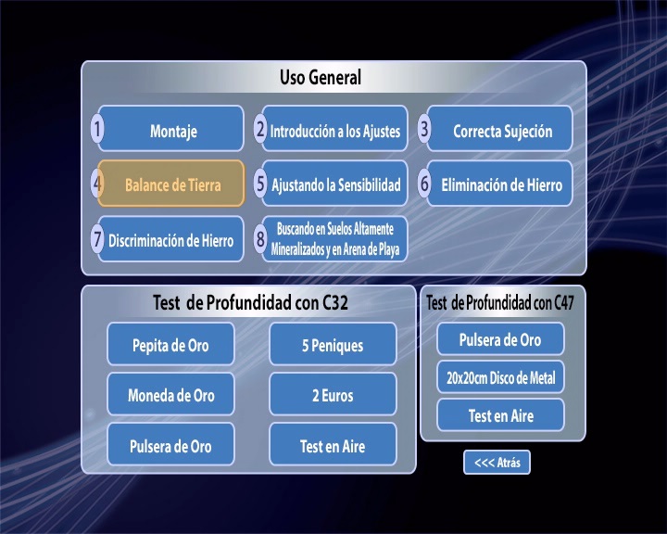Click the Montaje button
tap(171, 129)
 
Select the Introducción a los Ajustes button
tap(334, 129)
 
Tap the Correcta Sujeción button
tap(500, 129)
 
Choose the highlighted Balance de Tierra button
tap(171, 184)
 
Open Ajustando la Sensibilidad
tap(334, 184)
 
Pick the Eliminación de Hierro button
tap(500, 184)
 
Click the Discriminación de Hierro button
tap(171, 239)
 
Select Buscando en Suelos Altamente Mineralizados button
tap(334, 239)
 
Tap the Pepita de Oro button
tap(170, 344)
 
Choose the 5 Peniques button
tap(333, 344)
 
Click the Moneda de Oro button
tap(170, 394)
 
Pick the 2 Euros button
tap(333, 394)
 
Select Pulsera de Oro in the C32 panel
tap(170, 445)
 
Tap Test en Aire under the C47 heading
tap(500, 415)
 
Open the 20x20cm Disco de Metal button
tap(500, 377)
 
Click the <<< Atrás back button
tap(497, 462)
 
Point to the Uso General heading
tap(321, 78)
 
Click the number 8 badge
tap(260, 238)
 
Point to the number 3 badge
tap(424, 129)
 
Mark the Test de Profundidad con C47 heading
tap(500, 303)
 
